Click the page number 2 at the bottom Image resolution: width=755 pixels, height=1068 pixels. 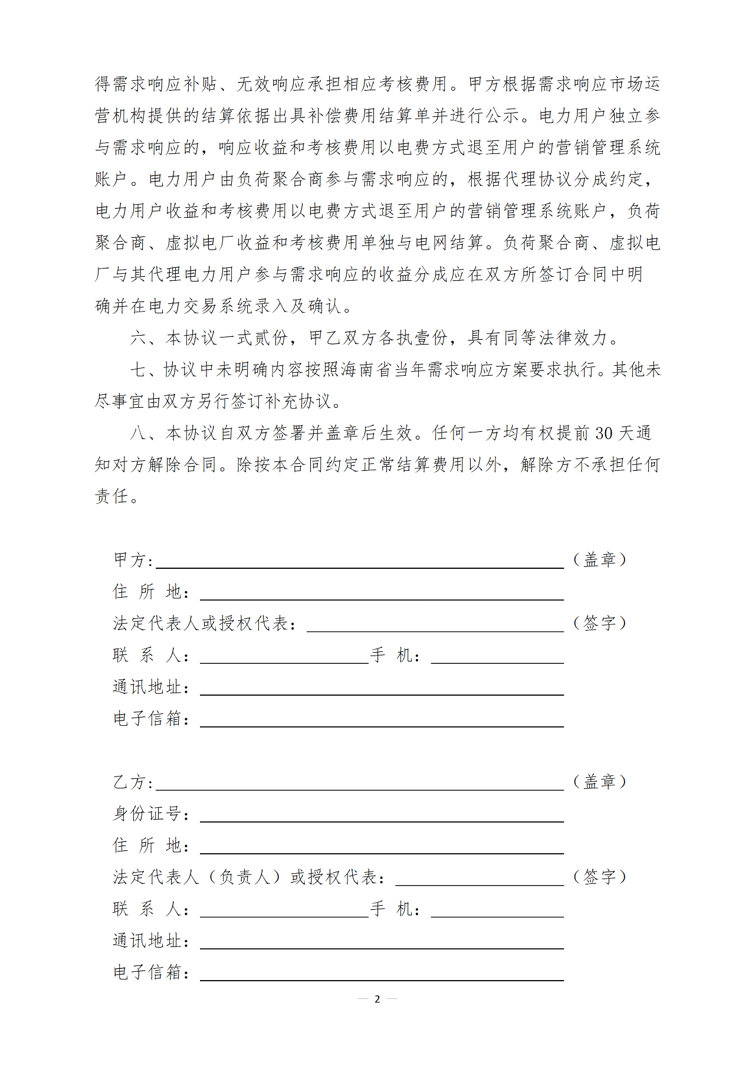[377, 999]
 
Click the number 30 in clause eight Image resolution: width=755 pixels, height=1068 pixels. [603, 434]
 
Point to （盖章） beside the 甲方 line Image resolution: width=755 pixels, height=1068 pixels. [599, 559]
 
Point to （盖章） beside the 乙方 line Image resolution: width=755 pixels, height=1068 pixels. [599, 782]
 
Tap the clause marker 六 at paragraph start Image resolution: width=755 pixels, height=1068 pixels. [139, 338]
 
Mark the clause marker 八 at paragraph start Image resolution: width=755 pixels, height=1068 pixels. [139, 434]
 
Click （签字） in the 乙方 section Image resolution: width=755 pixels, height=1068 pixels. [599, 877]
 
